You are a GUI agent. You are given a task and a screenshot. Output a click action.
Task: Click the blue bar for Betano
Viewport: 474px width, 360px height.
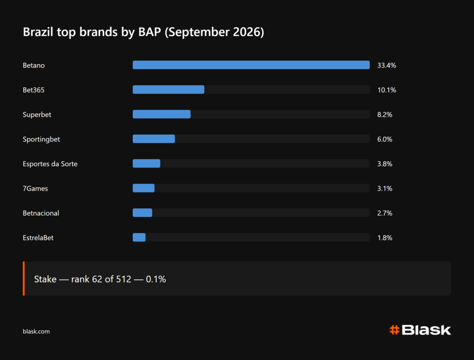tap(251, 65)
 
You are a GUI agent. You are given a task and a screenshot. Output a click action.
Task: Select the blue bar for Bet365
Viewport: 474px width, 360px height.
tap(168, 89)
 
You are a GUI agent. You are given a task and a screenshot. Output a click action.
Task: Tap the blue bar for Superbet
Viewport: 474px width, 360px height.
tap(162, 114)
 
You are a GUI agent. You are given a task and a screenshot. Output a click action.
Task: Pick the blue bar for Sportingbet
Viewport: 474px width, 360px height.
tap(154, 139)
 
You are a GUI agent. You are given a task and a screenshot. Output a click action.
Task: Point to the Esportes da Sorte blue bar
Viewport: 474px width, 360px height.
tap(146, 163)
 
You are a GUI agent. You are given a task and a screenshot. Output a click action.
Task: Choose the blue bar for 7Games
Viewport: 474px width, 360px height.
tap(143, 188)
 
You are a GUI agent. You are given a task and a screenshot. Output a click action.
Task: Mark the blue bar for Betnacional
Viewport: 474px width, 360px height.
tap(143, 213)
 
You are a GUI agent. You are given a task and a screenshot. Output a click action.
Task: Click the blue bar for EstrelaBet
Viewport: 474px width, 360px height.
tap(139, 237)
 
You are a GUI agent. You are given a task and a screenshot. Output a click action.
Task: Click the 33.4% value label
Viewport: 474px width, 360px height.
tap(387, 65)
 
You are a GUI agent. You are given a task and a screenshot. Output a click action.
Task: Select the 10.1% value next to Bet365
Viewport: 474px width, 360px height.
tap(387, 90)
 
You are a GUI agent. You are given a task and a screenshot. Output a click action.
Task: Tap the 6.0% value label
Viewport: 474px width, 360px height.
tap(385, 139)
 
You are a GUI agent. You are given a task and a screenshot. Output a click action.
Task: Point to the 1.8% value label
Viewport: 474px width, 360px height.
tap(385, 238)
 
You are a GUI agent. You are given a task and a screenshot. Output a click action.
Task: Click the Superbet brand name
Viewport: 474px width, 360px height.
tap(37, 115)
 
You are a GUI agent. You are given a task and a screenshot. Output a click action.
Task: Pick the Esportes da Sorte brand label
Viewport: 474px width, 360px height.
tap(50, 164)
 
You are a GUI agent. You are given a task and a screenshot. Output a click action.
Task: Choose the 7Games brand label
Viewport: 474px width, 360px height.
tap(35, 189)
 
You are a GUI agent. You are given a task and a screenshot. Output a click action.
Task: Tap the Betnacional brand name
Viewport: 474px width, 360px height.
tap(41, 213)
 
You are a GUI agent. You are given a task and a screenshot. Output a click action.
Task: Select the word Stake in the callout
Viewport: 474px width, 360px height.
tap(45, 279)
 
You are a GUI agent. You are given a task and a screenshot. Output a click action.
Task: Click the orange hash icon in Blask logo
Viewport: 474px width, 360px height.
tap(394, 330)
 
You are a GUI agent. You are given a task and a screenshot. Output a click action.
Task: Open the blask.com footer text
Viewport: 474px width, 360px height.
tap(36, 332)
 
